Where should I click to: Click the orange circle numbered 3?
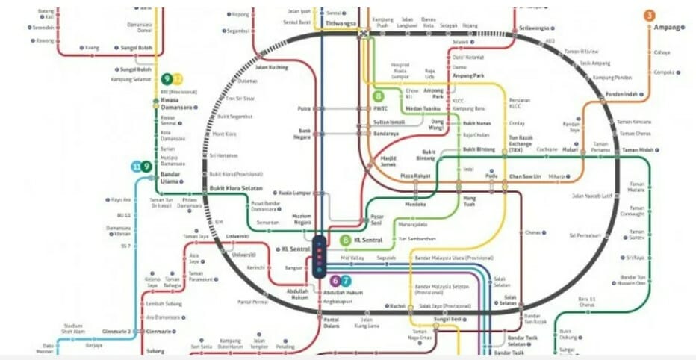click(650, 15)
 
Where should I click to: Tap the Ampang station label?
click(667, 28)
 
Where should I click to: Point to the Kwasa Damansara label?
click(176, 104)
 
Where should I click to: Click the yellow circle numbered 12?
click(177, 78)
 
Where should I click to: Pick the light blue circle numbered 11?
click(136, 167)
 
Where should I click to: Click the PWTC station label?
click(380, 108)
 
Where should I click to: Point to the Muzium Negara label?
click(301, 218)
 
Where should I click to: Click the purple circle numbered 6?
click(335, 281)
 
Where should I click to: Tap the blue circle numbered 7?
click(346, 281)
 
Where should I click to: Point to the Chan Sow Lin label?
click(524, 176)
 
